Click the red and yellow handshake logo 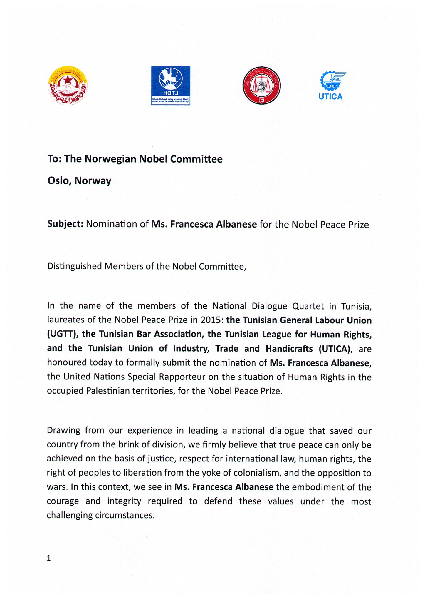coord(68,86)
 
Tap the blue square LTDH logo coord(171,86)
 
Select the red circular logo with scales coord(262,86)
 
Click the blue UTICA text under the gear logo coord(331,97)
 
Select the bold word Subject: coord(65,224)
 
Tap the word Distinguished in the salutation coord(75,266)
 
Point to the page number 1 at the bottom coord(49,558)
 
